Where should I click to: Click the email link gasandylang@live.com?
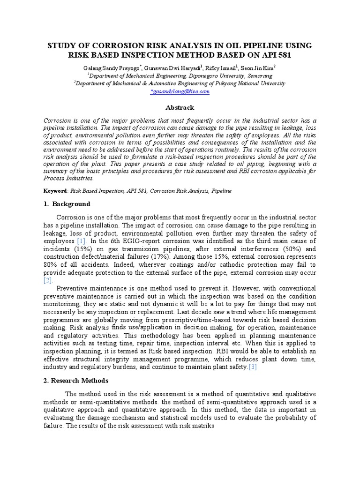tap(180, 92)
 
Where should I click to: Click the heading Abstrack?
tap(180, 107)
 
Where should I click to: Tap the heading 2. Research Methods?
tap(74, 380)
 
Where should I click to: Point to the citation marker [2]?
tap(48, 280)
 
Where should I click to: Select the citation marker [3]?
tap(252, 367)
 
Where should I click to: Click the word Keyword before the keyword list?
tap(55, 191)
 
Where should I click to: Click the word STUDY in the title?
tap(64, 45)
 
